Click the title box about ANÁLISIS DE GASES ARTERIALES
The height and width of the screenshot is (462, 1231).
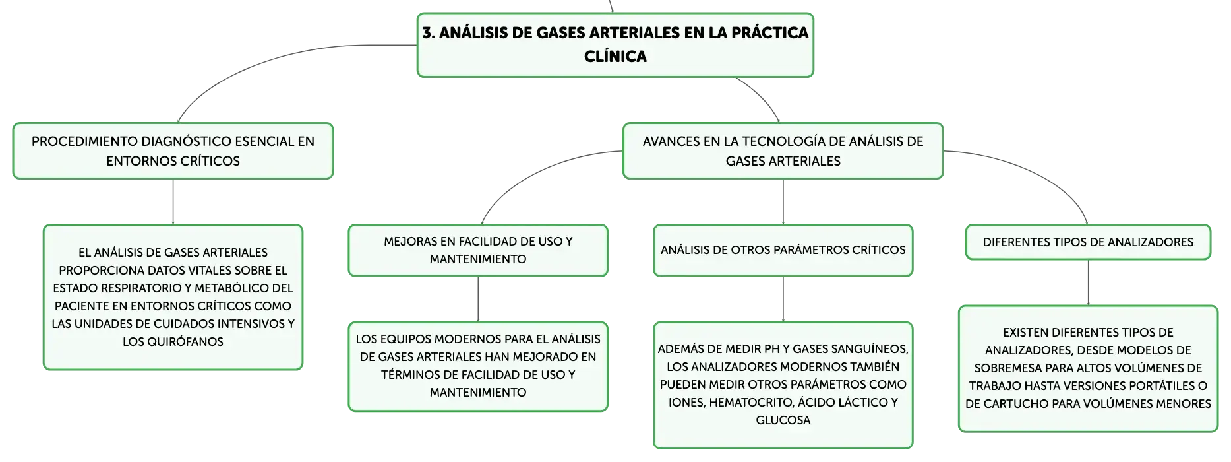[615, 45]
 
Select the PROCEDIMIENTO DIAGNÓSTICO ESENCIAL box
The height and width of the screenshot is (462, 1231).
[173, 150]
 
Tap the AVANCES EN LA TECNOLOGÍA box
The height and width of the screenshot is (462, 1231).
[783, 150]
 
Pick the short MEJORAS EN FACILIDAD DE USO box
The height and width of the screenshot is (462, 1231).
[478, 250]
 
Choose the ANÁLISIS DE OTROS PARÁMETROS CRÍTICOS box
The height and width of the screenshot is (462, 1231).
[783, 250]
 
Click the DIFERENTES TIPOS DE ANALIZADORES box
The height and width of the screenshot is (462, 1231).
[1088, 242]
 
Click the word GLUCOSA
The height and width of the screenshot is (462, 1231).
[783, 420]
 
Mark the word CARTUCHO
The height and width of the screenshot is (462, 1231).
[1010, 404]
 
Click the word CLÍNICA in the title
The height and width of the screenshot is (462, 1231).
[615, 57]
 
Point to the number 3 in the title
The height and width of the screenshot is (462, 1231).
[428, 33]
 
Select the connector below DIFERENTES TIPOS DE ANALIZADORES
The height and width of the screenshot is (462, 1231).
[1088, 282]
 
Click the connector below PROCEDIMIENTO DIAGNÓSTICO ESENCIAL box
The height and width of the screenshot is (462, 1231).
[173, 202]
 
